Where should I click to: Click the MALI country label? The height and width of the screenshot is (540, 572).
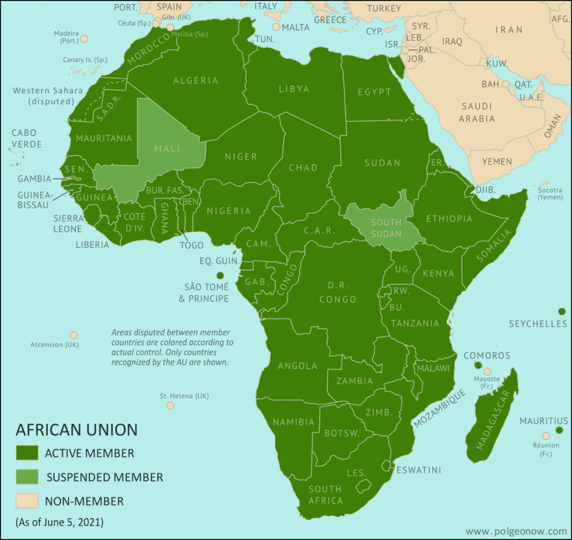pyautogui.click(x=167, y=149)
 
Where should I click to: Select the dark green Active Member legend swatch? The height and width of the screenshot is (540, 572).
pyautogui.click(x=27, y=453)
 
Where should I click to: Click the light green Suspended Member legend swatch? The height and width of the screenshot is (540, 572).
pyautogui.click(x=27, y=477)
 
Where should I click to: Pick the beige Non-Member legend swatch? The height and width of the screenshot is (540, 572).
pyautogui.click(x=27, y=501)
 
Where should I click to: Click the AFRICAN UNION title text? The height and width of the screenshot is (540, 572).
pyautogui.click(x=77, y=430)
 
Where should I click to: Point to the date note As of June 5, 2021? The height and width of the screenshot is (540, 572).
pyautogui.click(x=59, y=522)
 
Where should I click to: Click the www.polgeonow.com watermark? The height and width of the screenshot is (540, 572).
pyautogui.click(x=516, y=531)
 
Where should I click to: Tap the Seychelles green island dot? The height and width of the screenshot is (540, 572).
pyautogui.click(x=561, y=311)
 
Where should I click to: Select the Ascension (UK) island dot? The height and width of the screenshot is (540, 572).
pyautogui.click(x=73, y=335)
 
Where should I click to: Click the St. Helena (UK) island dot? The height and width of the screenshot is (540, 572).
pyautogui.click(x=170, y=406)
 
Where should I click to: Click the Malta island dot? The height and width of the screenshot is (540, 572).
pyautogui.click(x=276, y=27)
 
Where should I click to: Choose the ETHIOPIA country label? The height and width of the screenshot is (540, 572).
pyautogui.click(x=449, y=218)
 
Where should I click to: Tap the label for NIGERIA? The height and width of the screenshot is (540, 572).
pyautogui.click(x=229, y=210)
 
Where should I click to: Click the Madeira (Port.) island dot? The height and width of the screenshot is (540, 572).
pyautogui.click(x=84, y=39)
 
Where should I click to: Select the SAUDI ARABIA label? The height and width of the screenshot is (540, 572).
pyautogui.click(x=477, y=112)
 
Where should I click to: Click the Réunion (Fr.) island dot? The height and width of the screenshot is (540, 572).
pyautogui.click(x=546, y=436)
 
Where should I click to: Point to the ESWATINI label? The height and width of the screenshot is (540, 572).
pyautogui.click(x=418, y=470)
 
